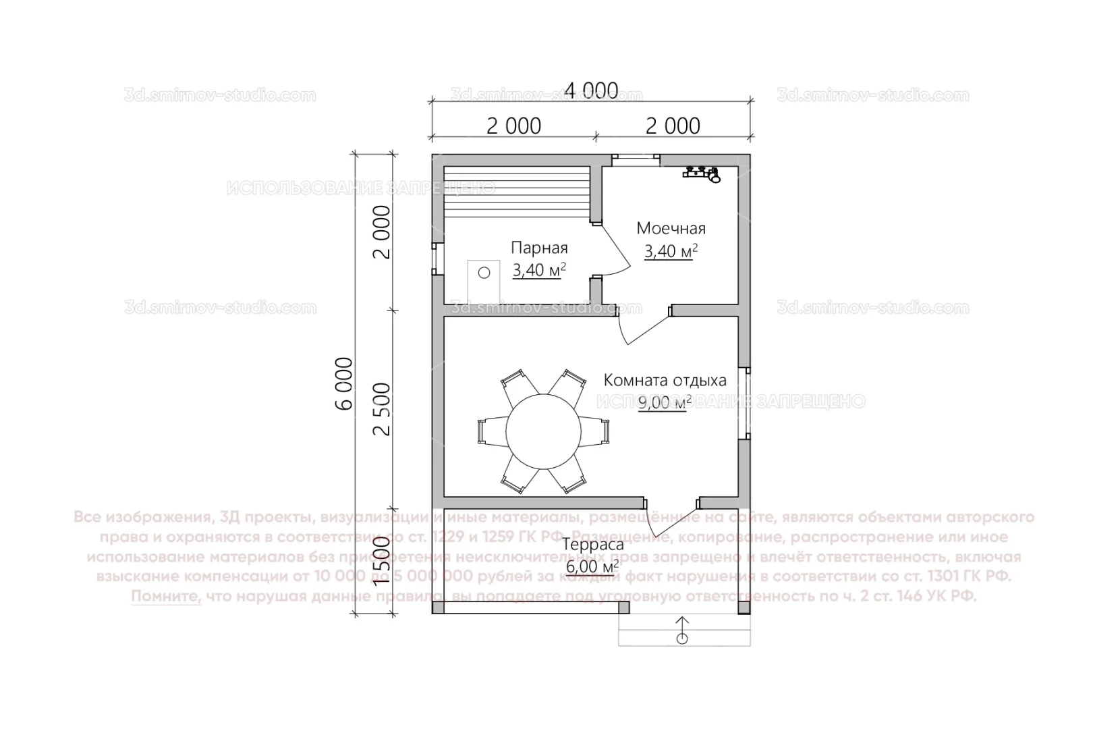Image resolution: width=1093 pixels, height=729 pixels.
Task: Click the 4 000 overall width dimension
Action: (x=591, y=90)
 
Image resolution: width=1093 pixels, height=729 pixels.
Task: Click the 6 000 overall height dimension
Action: (x=344, y=383)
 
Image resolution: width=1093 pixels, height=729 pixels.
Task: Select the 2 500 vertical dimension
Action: (x=383, y=409)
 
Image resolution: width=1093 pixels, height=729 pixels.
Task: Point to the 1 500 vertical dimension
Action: (x=383, y=561)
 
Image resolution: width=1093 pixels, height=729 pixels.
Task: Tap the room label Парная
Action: (x=538, y=248)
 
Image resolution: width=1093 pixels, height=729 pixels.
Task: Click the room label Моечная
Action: (x=671, y=228)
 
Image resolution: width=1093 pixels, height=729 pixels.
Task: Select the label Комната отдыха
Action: (x=665, y=379)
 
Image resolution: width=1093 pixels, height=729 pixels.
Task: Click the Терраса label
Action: (x=593, y=545)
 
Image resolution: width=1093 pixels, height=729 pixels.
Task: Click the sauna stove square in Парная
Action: (x=484, y=281)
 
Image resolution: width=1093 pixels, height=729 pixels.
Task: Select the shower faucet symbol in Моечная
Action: (x=703, y=173)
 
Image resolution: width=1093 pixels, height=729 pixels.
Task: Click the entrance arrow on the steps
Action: (x=682, y=629)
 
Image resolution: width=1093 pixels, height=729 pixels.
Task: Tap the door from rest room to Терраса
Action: (x=669, y=520)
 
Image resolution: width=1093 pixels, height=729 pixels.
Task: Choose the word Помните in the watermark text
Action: (x=166, y=597)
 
